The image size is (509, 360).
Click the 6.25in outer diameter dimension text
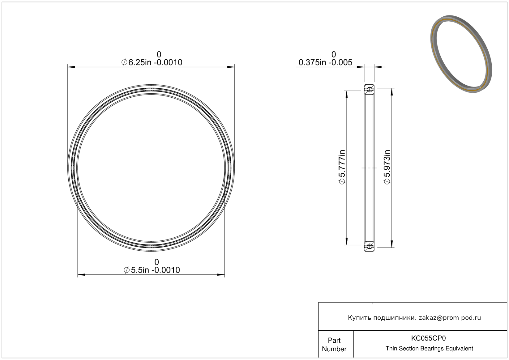pos(152,62)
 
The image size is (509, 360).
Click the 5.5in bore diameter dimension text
pos(152,270)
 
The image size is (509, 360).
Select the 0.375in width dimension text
pos(325,62)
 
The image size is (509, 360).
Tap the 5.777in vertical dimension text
pos(342,167)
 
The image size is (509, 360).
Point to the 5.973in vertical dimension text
pos(387,167)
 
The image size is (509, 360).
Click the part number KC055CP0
pos(428,338)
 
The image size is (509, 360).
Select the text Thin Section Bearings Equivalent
pos(429,349)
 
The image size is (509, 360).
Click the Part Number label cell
pos(334,345)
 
